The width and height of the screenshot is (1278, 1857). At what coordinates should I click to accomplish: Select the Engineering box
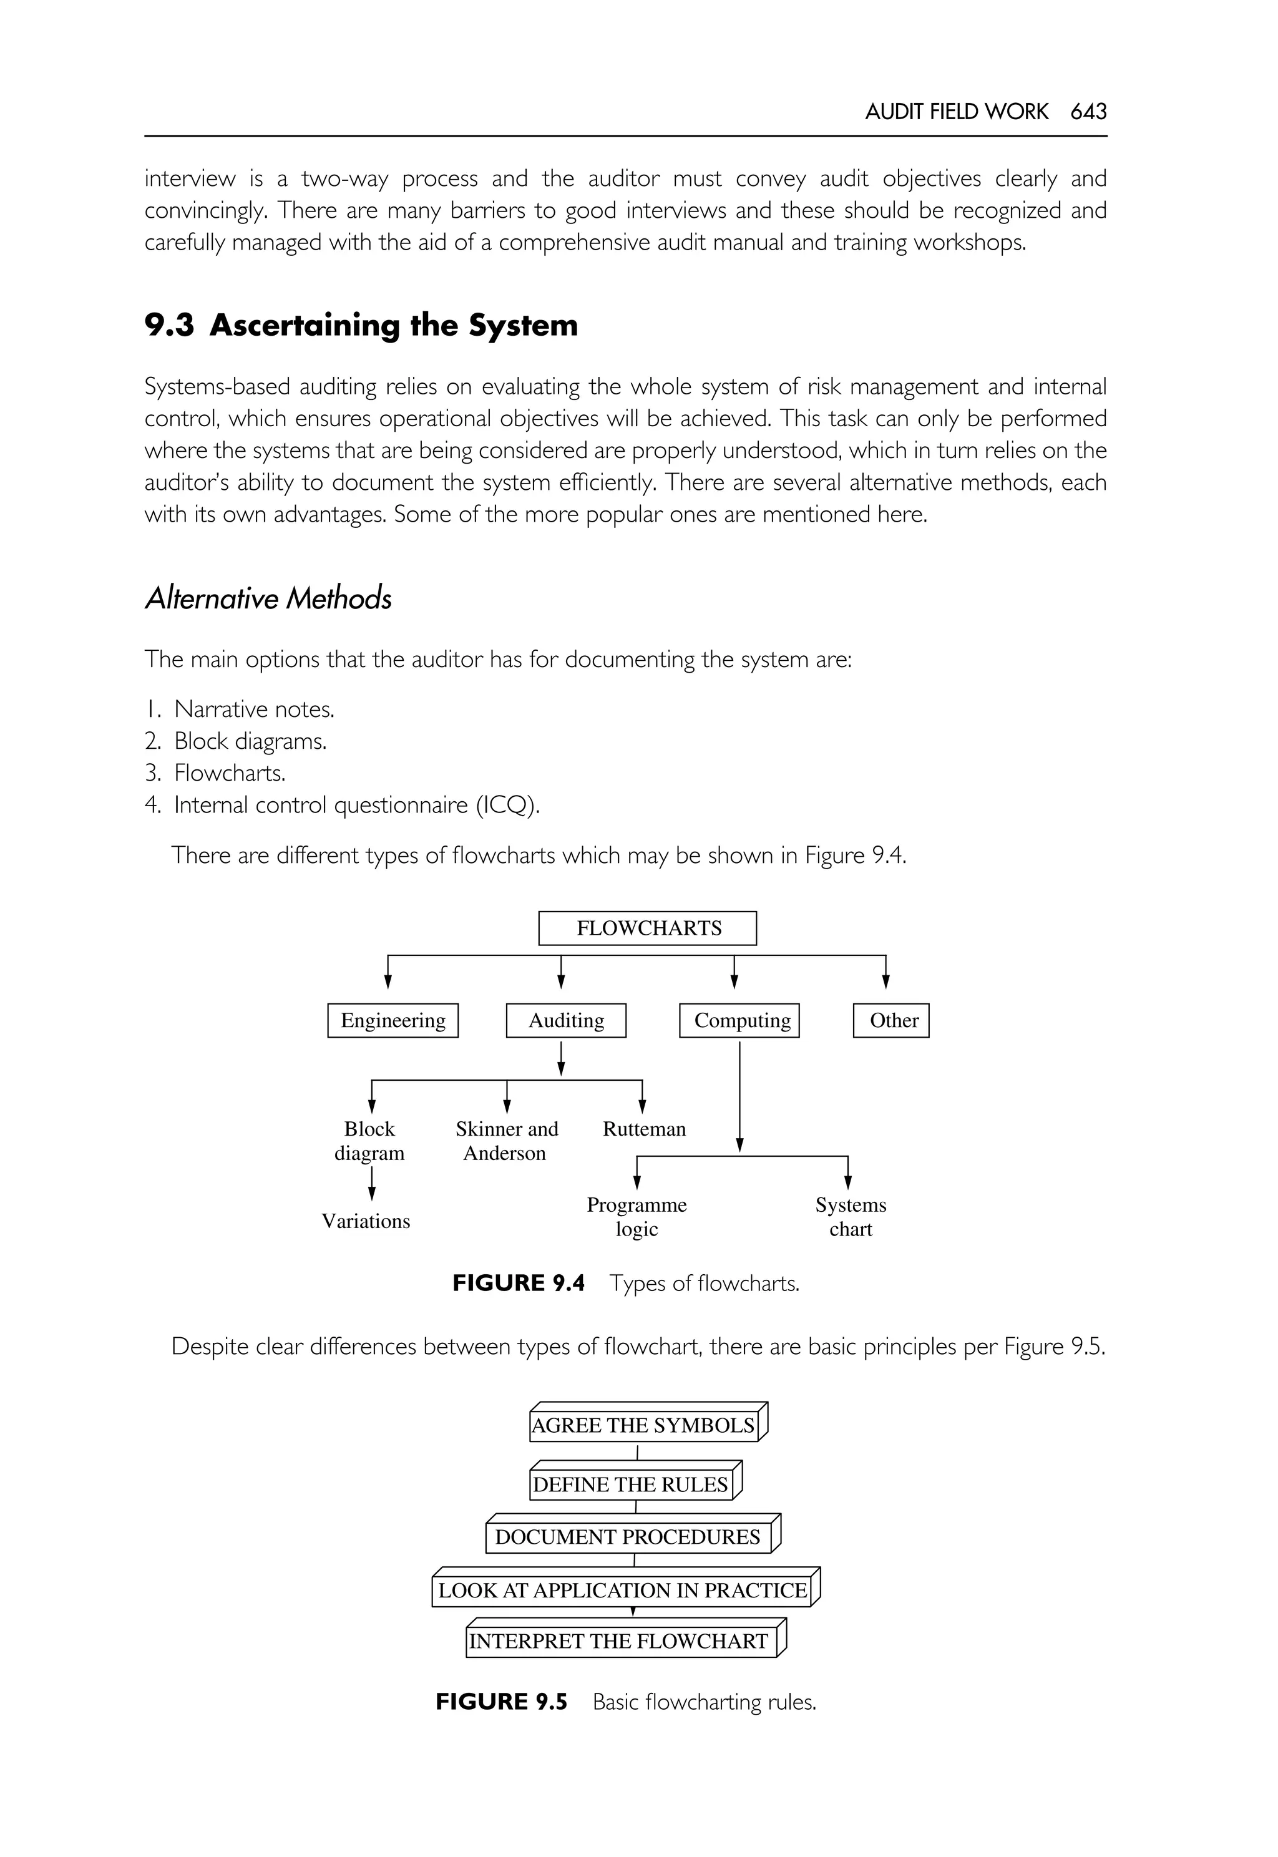coord(393,1020)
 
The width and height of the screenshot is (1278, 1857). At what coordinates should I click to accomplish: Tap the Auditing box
coord(566,1020)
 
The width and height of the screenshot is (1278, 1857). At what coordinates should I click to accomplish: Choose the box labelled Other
coord(891,1020)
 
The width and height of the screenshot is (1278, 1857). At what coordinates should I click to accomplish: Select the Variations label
coord(366,1221)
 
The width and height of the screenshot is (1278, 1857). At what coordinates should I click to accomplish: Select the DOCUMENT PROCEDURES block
coord(628,1537)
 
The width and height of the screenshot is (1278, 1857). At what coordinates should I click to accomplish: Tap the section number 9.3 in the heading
coord(169,325)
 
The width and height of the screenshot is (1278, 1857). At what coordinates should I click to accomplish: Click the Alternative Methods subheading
coord(268,598)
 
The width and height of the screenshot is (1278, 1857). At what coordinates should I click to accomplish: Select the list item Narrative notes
coord(254,709)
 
